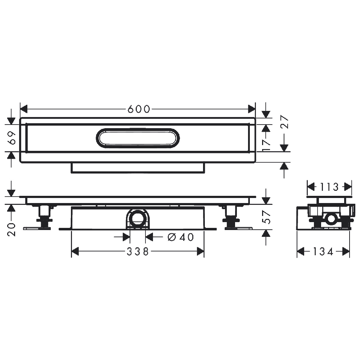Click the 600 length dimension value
[x=139, y=109]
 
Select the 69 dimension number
[x=12, y=138]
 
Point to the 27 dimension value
[x=284, y=122]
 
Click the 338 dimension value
[x=138, y=252]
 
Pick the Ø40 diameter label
[x=181, y=237]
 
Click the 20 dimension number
[x=12, y=229]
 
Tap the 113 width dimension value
[x=329, y=187]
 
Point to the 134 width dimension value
[x=323, y=252]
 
